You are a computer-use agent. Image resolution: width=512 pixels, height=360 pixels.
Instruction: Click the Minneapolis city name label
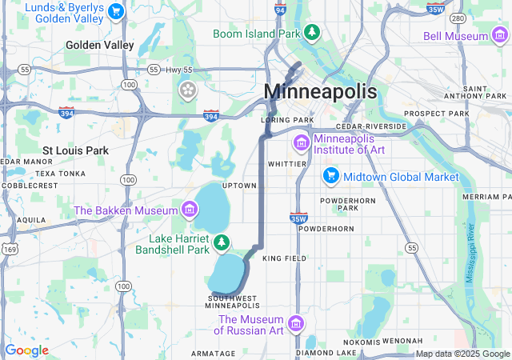coord(320,91)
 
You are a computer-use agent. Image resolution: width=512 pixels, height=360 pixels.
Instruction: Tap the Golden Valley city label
coord(100,46)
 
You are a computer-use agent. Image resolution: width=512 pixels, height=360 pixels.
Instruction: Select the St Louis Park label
coord(75,150)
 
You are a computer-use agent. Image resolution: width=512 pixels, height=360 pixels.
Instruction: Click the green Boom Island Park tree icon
coord(313,33)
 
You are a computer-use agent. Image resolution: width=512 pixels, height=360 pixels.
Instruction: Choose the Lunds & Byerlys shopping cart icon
coord(117,11)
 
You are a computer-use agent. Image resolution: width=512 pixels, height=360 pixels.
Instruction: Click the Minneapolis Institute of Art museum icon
coord(302,143)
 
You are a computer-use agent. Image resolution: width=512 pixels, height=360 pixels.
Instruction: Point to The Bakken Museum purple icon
coord(190,210)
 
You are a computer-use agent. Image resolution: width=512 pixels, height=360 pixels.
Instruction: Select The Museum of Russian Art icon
coord(296,323)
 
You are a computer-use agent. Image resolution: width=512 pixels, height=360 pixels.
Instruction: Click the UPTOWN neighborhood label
coord(239,186)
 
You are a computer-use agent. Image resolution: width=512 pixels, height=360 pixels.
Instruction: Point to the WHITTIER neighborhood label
coord(287,163)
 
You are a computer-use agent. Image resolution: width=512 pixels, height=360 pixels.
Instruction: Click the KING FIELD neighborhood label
coord(284,258)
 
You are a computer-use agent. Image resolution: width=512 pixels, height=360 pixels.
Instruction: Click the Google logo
coord(26,350)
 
